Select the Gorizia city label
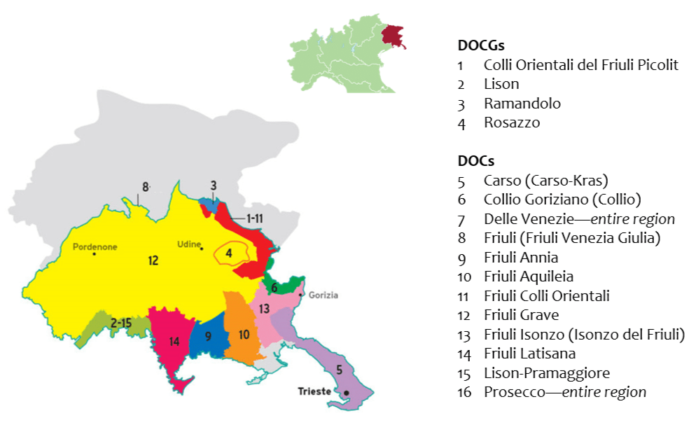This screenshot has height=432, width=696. [x=322, y=295]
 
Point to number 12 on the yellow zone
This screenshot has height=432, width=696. [x=153, y=260]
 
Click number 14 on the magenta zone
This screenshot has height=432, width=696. [x=174, y=342]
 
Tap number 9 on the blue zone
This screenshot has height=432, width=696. [x=208, y=336]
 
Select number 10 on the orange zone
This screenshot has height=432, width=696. [x=244, y=335]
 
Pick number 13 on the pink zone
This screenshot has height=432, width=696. [x=263, y=309]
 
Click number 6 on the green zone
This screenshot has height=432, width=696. [x=274, y=288]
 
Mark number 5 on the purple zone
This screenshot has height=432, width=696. [x=340, y=369]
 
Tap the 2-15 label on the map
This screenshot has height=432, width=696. [x=120, y=323]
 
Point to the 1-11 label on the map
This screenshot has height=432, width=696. [x=253, y=218]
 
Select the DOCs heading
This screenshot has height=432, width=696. [x=475, y=161]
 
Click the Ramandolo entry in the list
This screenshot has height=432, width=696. [x=522, y=104]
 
